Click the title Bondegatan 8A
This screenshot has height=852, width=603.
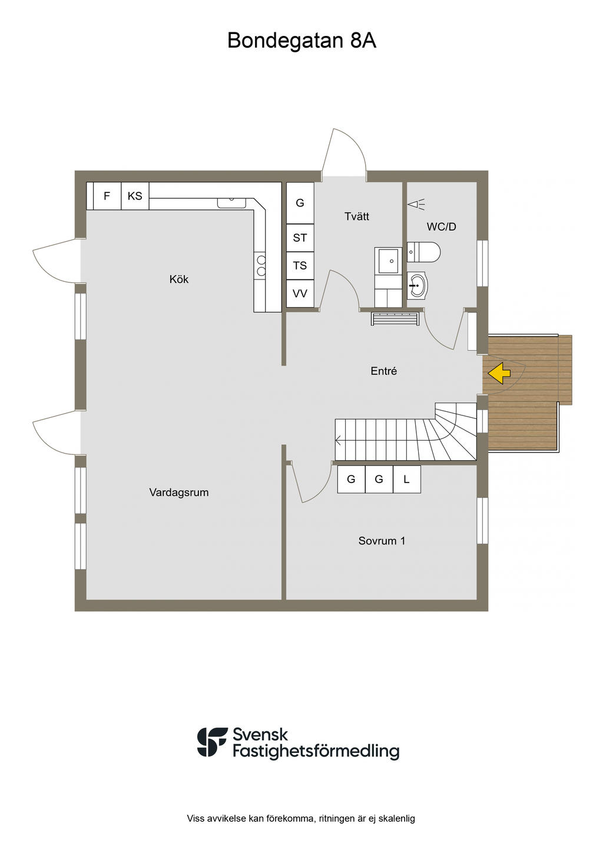[x=301, y=41]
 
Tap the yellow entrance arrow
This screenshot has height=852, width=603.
[x=499, y=373]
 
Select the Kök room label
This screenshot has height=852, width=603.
[x=179, y=279]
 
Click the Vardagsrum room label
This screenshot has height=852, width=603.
[x=179, y=492]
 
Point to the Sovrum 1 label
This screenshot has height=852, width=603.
[x=382, y=541]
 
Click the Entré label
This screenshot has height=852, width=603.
[x=384, y=371]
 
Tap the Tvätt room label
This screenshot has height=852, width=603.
[x=357, y=217]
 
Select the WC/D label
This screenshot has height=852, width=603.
[x=442, y=227]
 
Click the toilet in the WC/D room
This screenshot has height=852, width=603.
[x=424, y=252]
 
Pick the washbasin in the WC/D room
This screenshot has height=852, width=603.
[x=416, y=285]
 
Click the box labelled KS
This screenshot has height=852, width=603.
[x=135, y=196]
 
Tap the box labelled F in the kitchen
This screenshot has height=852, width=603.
[x=107, y=196]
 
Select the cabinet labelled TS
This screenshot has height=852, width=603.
[x=300, y=265]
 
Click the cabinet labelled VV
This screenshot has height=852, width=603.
[x=300, y=293]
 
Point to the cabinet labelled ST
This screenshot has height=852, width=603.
[x=300, y=238]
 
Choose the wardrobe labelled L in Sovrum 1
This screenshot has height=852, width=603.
[x=406, y=479]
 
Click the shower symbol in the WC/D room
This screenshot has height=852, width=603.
[x=416, y=205]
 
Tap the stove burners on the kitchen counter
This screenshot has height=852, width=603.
[x=261, y=265]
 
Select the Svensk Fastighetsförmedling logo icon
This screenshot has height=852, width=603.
[x=213, y=742]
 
